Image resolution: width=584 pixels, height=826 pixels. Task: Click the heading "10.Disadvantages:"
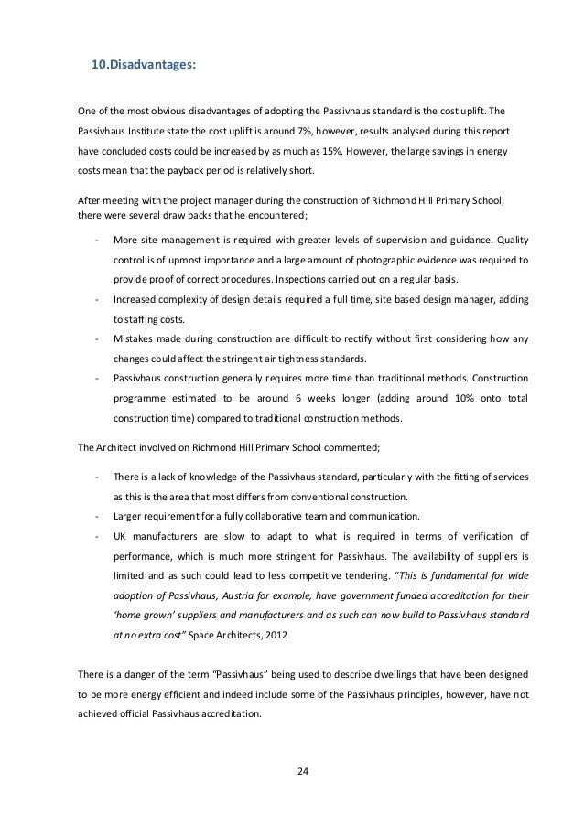point(144,66)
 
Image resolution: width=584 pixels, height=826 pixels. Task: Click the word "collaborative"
point(277,516)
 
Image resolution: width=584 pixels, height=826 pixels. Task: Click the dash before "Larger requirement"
point(96,516)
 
